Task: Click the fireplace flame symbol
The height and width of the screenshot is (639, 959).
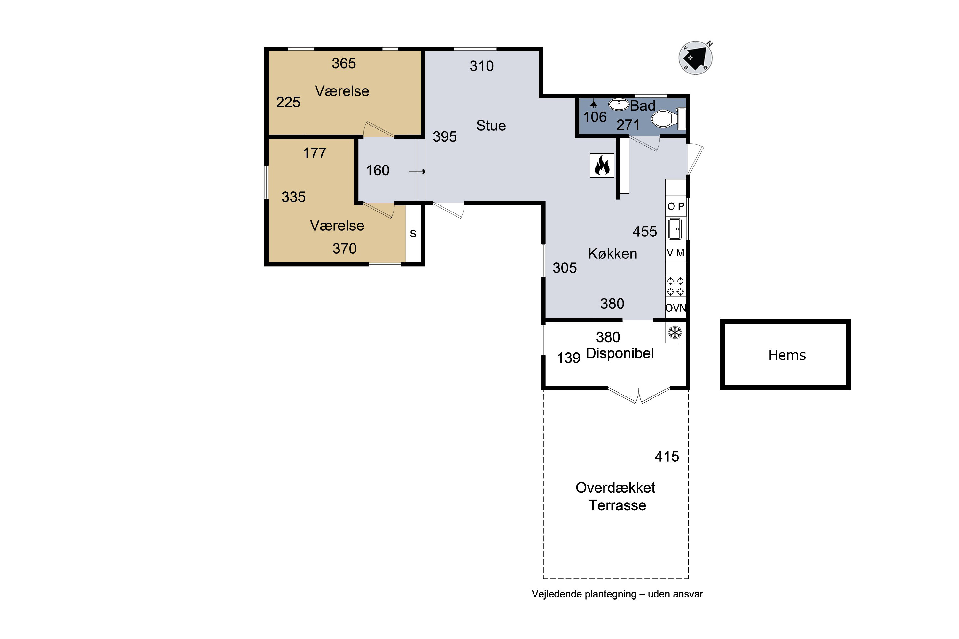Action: pyautogui.click(x=602, y=165)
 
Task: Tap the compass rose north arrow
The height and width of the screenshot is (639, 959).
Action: pyautogui.click(x=696, y=58)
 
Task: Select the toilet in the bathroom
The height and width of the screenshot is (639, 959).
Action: pyautogui.click(x=669, y=119)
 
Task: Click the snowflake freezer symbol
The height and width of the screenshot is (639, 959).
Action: pyautogui.click(x=675, y=333)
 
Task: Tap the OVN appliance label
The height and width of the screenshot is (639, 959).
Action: pyautogui.click(x=676, y=308)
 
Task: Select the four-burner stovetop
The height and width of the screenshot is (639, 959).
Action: pyautogui.click(x=675, y=286)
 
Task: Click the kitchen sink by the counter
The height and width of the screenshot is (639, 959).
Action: pyautogui.click(x=675, y=229)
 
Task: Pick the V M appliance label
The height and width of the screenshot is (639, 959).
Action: pyautogui.click(x=675, y=253)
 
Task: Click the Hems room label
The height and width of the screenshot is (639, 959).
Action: pyautogui.click(x=787, y=355)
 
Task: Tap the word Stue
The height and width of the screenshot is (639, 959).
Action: pyautogui.click(x=491, y=126)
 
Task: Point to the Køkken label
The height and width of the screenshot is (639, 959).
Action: pyautogui.click(x=612, y=254)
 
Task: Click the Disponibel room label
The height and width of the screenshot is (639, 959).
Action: pyautogui.click(x=620, y=353)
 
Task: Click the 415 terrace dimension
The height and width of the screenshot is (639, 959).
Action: pyautogui.click(x=667, y=457)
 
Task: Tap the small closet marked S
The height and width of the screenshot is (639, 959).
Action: pyautogui.click(x=413, y=234)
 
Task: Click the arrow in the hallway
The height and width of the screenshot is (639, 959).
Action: pyautogui.click(x=417, y=172)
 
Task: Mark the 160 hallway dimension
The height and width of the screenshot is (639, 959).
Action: pyautogui.click(x=378, y=170)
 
